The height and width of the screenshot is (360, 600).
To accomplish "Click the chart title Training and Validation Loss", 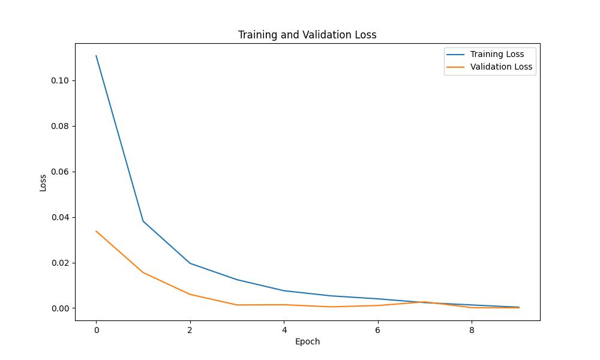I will pyautogui.click(x=307, y=35).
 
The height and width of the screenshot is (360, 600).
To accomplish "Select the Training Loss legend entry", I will pyautogui.click(x=497, y=54).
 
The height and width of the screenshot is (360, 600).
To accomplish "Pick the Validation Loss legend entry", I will pyautogui.click(x=501, y=67).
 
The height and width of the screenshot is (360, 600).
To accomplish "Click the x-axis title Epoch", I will pyautogui.click(x=307, y=341).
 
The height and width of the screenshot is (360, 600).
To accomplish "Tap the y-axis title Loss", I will pyautogui.click(x=43, y=182).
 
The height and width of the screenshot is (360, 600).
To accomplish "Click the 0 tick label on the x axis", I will pyautogui.click(x=96, y=329).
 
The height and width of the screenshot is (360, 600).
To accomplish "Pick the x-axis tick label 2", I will pyautogui.click(x=190, y=329).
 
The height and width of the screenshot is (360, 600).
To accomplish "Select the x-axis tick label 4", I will pyautogui.click(x=284, y=329).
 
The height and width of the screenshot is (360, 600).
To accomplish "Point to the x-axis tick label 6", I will pyautogui.click(x=378, y=329).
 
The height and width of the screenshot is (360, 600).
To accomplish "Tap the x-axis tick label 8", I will pyautogui.click(x=472, y=329).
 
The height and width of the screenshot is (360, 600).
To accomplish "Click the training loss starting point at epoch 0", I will pyautogui.click(x=96, y=56).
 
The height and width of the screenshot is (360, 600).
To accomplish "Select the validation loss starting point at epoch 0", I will pyautogui.click(x=96, y=231).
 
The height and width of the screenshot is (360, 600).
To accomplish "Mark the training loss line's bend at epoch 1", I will pyautogui.click(x=143, y=221).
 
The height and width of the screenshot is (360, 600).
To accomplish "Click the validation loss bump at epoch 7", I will pyautogui.click(x=425, y=302).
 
